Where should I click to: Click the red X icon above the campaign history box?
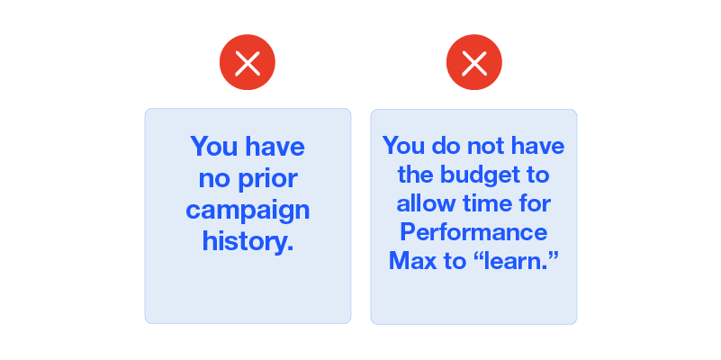[x=248, y=62]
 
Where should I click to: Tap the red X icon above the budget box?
[x=474, y=62]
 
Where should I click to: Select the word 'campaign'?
[x=248, y=211]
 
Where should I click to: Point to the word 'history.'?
[x=248, y=240]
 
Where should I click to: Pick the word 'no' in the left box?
[x=214, y=180]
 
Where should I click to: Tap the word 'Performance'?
[x=473, y=232]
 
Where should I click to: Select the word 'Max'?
[x=412, y=261]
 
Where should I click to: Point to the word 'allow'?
[x=426, y=203]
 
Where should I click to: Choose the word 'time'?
[x=489, y=203]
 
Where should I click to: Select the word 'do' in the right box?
[x=446, y=146]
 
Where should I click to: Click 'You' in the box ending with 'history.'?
[x=214, y=146]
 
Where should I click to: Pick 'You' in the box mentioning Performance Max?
[x=404, y=146]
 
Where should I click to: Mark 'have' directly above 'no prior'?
[x=275, y=146]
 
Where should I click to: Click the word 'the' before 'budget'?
[x=415, y=175]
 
